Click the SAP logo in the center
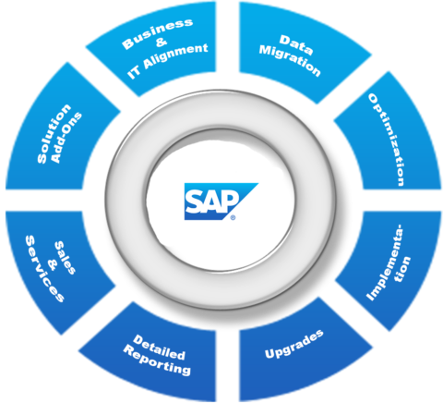pyautogui.click(x=221, y=201)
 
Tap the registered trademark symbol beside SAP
pyautogui.click(x=233, y=217)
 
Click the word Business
pyautogui.click(x=157, y=33)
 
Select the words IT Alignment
pyautogui.click(x=168, y=61)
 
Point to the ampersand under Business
pyautogui.click(x=162, y=43)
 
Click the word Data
pyautogui.click(x=295, y=45)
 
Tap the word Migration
pyautogui.click(x=290, y=60)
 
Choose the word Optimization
pyautogui.click(x=387, y=140)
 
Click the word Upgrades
pyautogui.click(x=294, y=344)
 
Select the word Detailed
pyautogui.click(x=159, y=348)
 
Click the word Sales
pyautogui.click(x=65, y=258)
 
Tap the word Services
pyautogui.click(x=45, y=269)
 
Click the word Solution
pyautogui.click(x=54, y=134)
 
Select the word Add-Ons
pyautogui.click(x=66, y=138)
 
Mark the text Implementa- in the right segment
pyautogui.click(x=385, y=263)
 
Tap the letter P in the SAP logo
pyautogui.click(x=230, y=201)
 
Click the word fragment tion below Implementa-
pyautogui.click(x=403, y=269)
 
